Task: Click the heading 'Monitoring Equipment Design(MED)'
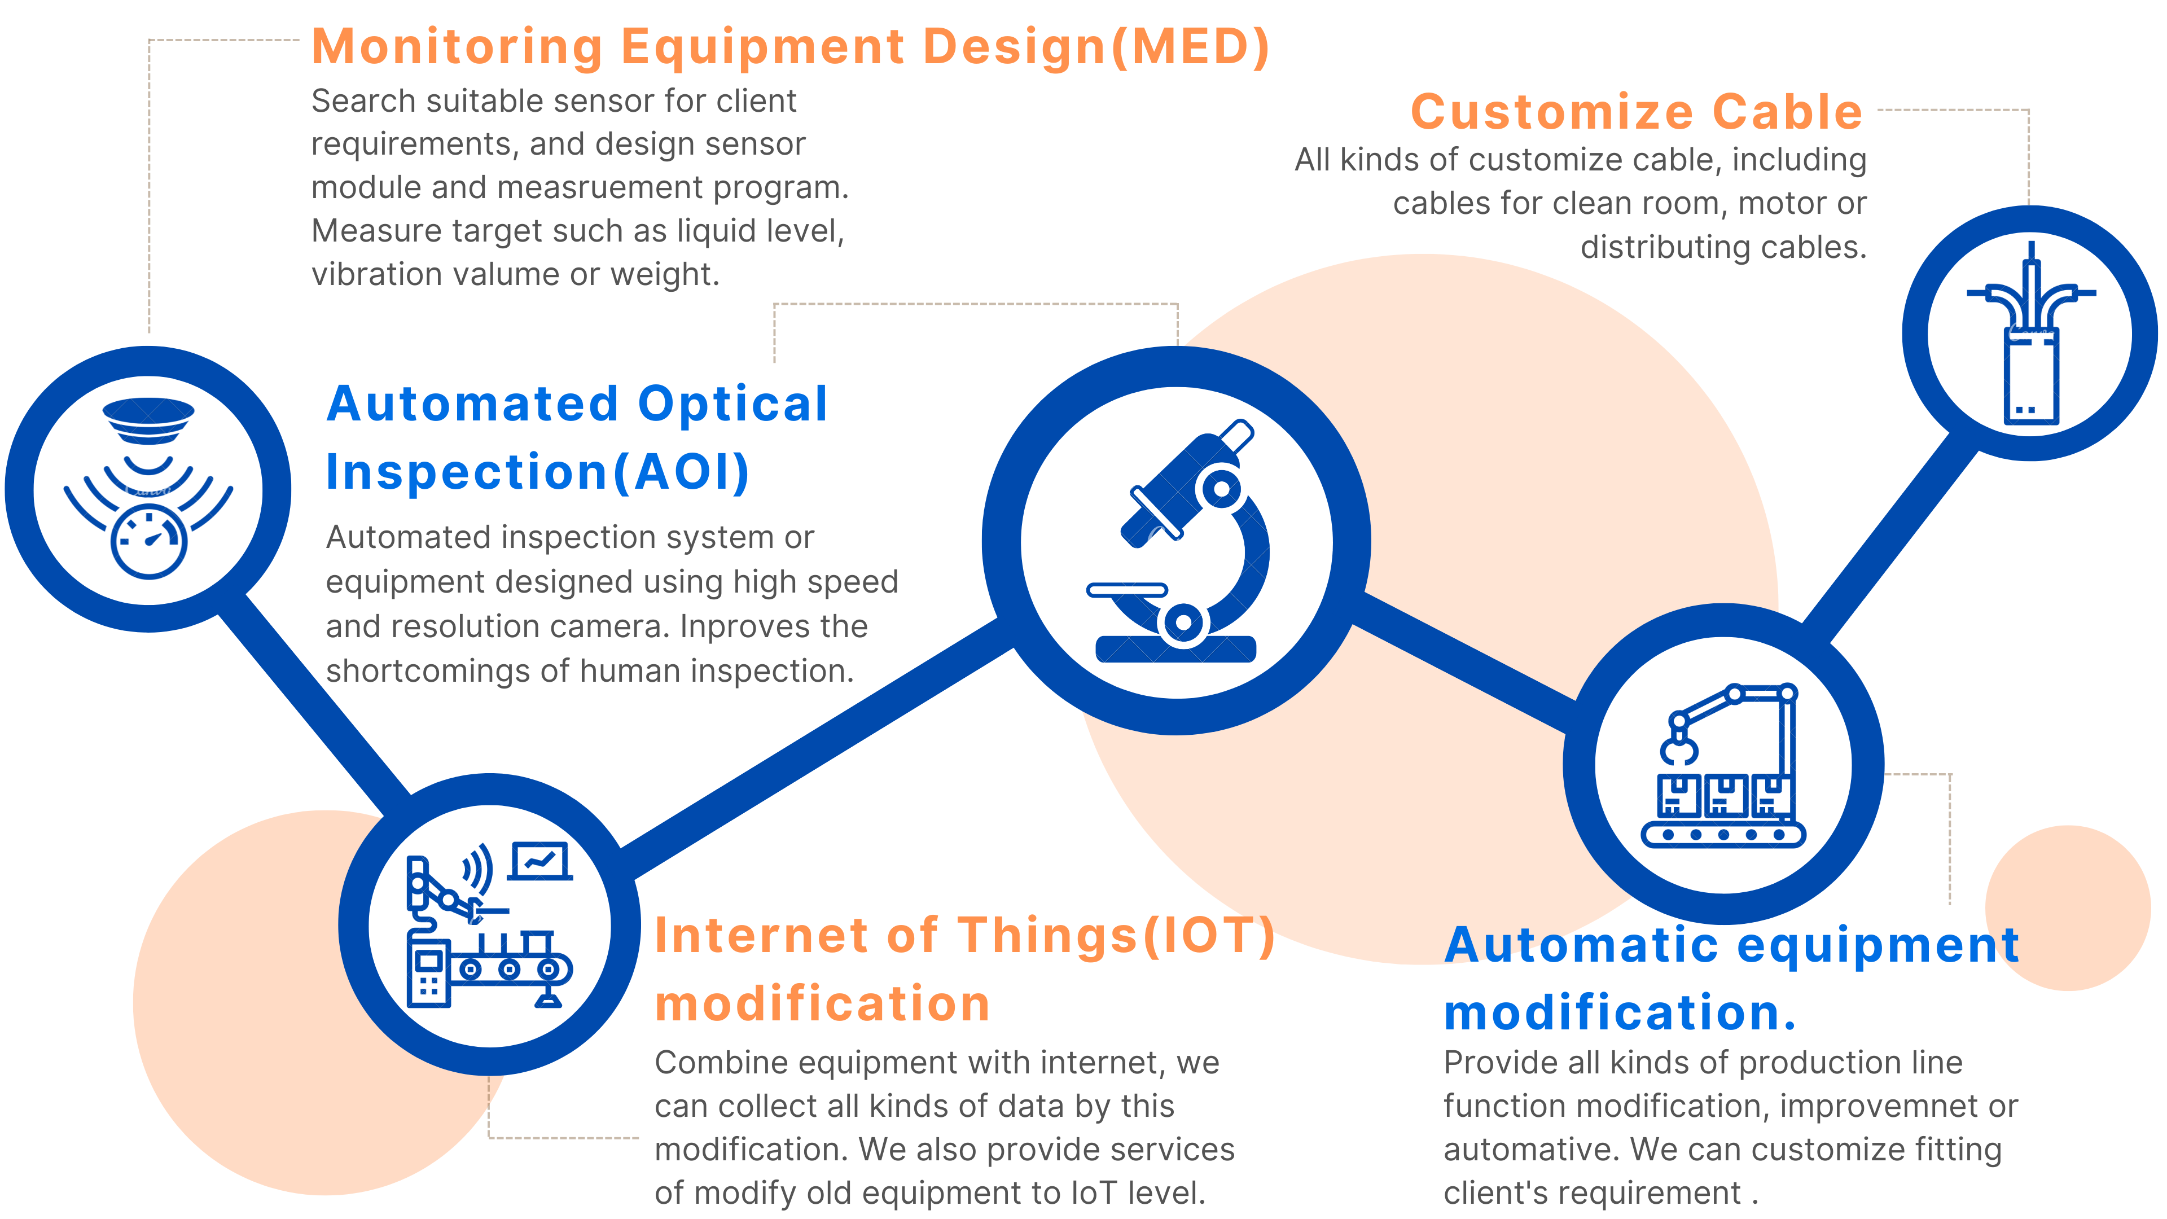click(789, 47)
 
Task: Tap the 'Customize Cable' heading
click(1636, 112)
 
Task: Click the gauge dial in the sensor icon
click(149, 542)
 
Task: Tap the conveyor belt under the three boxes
click(1723, 835)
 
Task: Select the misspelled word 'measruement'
click(600, 187)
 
